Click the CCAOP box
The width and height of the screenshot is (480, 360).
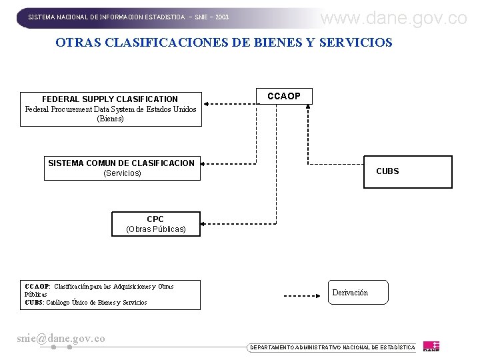tap(283, 97)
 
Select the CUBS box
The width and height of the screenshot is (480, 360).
tap(407, 172)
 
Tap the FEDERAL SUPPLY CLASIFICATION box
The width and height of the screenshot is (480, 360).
tap(111, 109)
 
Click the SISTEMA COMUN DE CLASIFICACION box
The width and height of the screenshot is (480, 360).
tap(123, 168)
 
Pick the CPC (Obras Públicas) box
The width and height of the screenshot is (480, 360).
tap(155, 224)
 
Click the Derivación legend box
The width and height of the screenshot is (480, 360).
tap(357, 293)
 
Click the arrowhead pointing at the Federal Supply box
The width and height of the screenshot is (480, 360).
tap(207, 103)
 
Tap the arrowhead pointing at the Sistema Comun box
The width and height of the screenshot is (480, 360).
tap(207, 163)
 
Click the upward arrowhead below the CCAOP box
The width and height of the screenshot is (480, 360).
tap(307, 111)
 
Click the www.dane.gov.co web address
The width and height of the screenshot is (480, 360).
tap(393, 18)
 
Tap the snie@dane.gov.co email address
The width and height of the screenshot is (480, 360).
tap(61, 339)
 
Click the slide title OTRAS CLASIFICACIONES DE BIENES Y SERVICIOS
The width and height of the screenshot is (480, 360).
tap(224, 43)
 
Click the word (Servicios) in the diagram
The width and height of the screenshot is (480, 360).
tap(122, 173)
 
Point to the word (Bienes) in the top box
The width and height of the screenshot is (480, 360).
tap(111, 119)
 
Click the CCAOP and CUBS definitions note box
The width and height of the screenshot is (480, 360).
tap(110, 295)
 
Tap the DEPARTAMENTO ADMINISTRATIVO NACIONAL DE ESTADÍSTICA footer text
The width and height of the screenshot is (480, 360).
tap(331, 347)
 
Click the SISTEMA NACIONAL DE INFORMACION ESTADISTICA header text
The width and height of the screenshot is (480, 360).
tap(128, 17)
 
